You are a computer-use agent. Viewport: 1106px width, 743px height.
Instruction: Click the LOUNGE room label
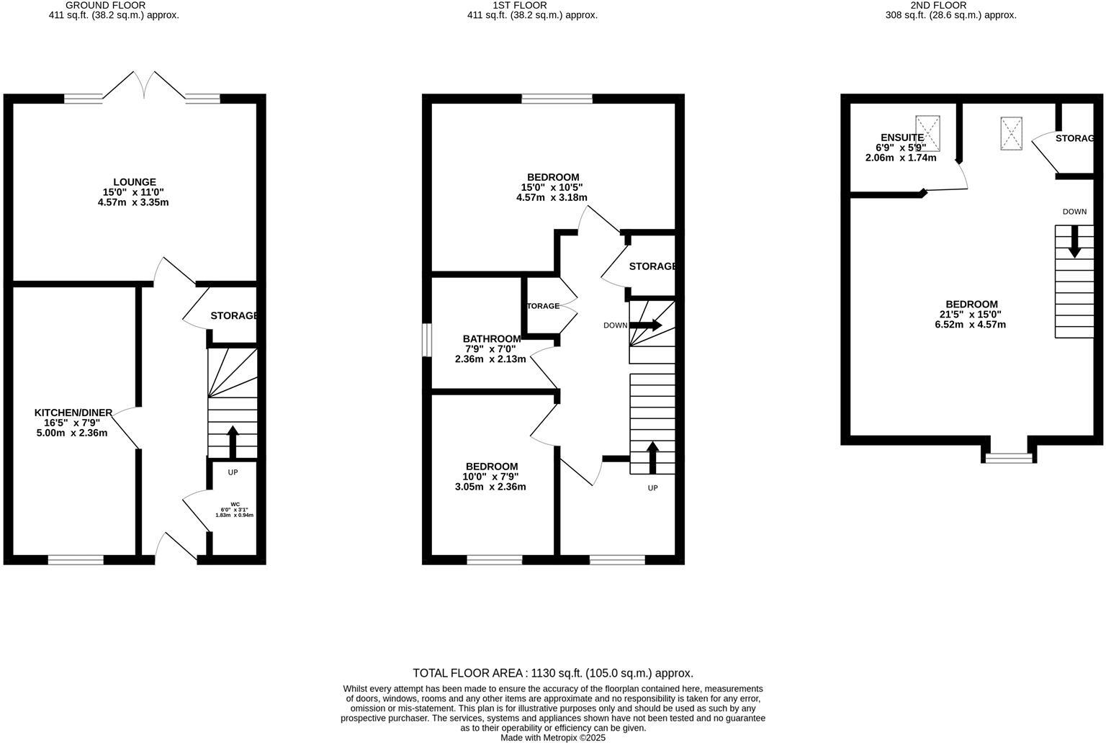click(134, 182)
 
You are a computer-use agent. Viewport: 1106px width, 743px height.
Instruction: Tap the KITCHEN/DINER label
click(73, 413)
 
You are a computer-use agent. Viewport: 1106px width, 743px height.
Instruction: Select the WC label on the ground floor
click(235, 504)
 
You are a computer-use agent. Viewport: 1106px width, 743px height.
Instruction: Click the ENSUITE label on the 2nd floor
click(902, 138)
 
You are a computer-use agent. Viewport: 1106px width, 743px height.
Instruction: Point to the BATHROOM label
click(491, 338)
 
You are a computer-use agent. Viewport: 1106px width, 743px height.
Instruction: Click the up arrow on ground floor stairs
click(233, 441)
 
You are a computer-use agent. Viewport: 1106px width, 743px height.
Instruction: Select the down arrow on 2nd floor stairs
click(1074, 241)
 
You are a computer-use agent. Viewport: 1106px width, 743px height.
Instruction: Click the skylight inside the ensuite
click(928, 133)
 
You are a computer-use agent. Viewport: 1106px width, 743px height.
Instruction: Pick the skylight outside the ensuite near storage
click(1011, 133)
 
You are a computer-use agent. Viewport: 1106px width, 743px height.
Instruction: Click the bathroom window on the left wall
click(427, 340)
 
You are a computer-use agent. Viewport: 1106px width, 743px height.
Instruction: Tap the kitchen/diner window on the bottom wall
click(76, 559)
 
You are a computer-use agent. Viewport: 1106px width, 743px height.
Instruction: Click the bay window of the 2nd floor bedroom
click(1009, 457)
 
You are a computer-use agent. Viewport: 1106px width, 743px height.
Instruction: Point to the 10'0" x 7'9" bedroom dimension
click(490, 477)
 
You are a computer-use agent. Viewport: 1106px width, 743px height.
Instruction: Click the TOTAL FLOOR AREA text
click(552, 673)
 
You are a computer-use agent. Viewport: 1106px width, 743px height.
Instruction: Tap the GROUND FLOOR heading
click(105, 5)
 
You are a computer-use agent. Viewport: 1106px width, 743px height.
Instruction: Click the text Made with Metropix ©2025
click(553, 737)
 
